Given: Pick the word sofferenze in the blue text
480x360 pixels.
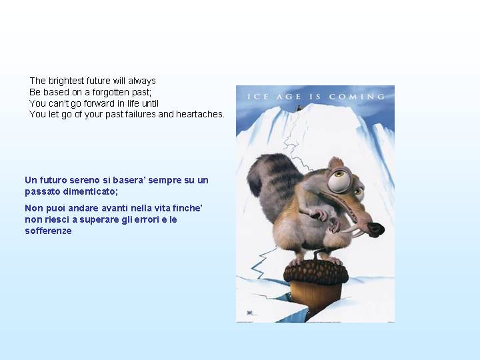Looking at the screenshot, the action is pos(49,231).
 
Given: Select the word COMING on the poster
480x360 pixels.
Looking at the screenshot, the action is pos(357,97).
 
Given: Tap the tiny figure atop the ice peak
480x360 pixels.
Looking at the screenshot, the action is pos(299,108).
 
